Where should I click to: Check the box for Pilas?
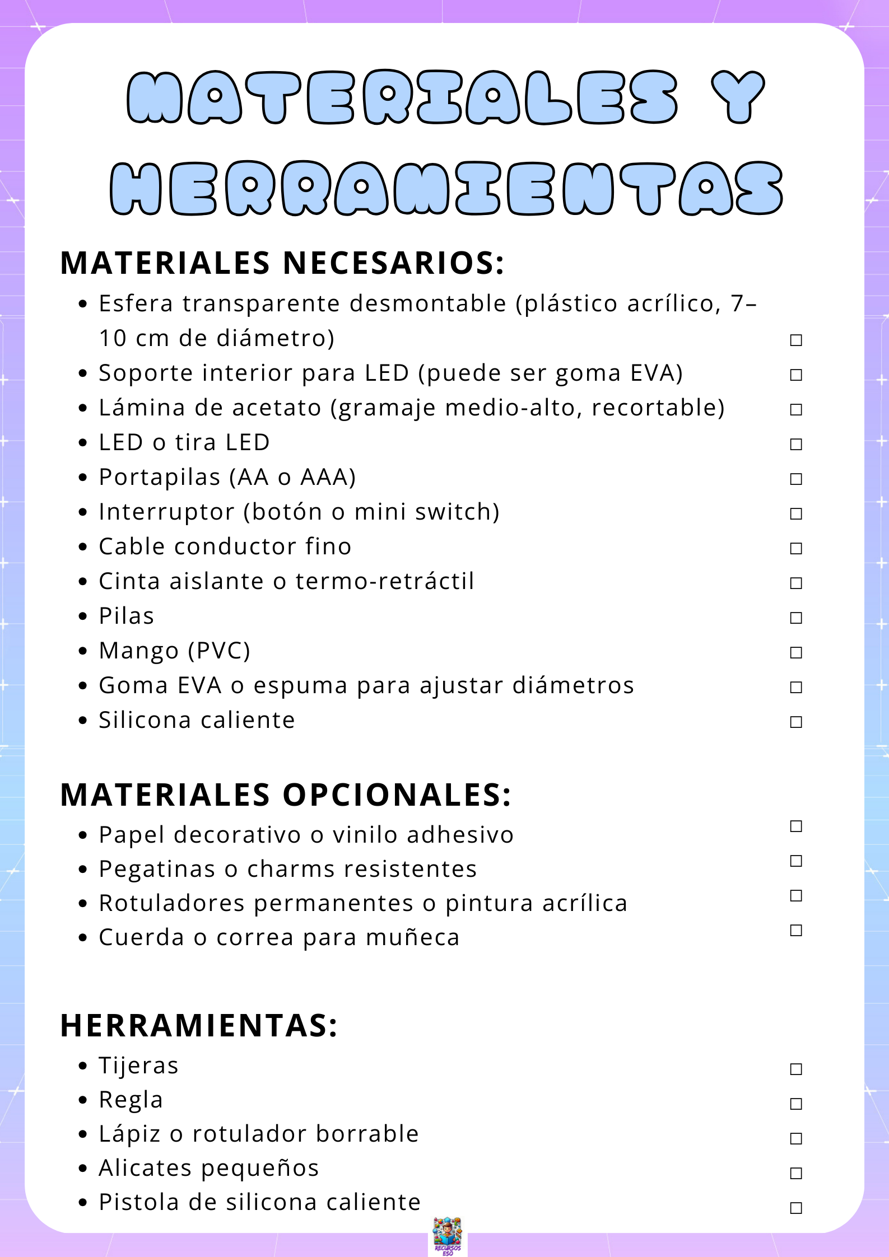[795, 618]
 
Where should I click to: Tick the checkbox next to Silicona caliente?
[795, 722]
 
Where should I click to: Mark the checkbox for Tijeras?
[795, 1069]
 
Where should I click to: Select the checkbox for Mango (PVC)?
[795, 652]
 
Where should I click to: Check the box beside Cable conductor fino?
[795, 548]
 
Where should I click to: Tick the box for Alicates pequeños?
[795, 1173]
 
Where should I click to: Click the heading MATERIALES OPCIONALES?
[286, 795]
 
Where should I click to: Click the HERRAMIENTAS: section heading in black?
[199, 1025]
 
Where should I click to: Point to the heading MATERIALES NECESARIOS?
[282, 263]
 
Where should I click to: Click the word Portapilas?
[160, 477]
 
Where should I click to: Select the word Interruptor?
[167, 512]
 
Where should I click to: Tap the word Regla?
[131, 1100]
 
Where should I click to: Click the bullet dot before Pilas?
[83, 616]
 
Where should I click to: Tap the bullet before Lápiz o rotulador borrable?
[83, 1134]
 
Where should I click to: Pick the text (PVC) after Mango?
[219, 651]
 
